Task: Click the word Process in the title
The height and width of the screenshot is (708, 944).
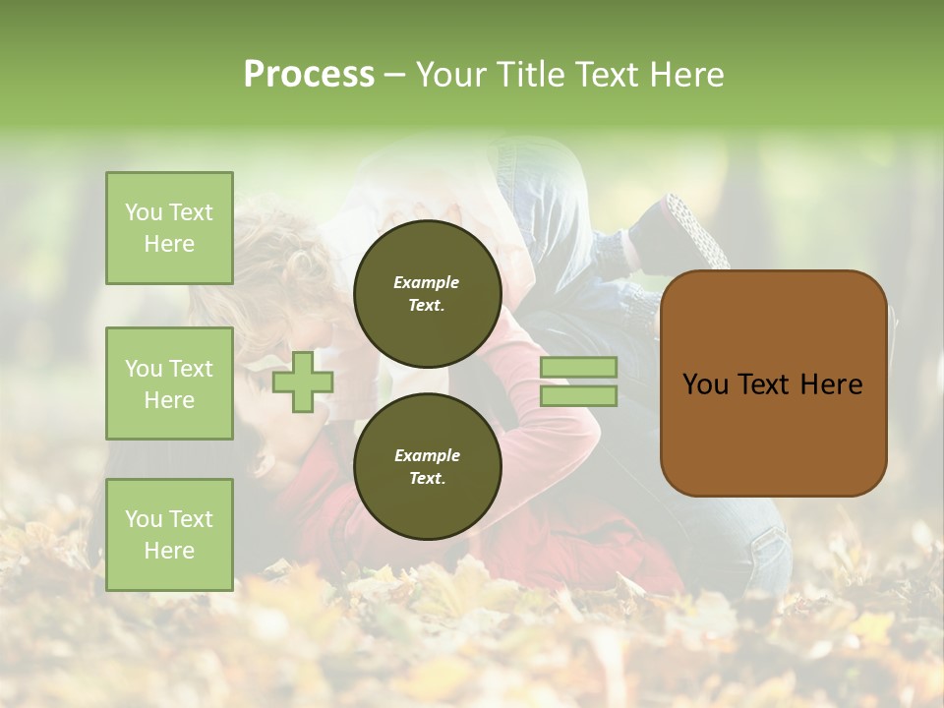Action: click(309, 75)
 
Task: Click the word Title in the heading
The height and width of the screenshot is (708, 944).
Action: click(530, 75)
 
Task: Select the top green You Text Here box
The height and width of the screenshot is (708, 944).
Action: click(169, 228)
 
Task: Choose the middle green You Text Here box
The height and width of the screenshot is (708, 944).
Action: click(169, 383)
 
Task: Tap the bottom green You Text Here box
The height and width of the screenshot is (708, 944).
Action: click(169, 535)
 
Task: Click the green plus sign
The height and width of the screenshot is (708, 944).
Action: click(303, 382)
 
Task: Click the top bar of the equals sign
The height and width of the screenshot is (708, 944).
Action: click(578, 367)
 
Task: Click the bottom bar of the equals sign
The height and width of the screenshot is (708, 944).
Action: click(578, 396)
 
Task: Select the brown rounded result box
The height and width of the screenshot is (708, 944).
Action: click(773, 433)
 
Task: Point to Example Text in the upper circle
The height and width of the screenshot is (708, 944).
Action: click(427, 293)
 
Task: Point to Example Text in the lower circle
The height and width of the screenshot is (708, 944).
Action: click(427, 467)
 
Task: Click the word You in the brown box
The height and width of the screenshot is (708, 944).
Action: click(705, 384)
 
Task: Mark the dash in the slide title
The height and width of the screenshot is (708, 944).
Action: click(394, 75)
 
